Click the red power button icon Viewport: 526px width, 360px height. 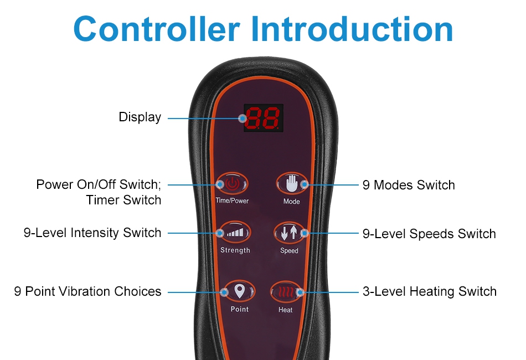click(232, 183)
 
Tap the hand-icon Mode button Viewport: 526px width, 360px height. click(291, 184)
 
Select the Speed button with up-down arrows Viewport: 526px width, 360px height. click(289, 233)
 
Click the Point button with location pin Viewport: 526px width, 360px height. click(239, 291)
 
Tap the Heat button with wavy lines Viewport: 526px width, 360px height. click(286, 292)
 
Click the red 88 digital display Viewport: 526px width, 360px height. click(264, 118)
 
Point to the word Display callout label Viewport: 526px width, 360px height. click(140, 117)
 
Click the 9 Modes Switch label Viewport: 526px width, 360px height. click(409, 185)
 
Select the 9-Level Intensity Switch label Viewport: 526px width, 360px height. click(92, 233)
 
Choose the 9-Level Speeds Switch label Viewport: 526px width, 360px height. click(429, 234)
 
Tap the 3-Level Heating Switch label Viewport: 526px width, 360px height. click(430, 291)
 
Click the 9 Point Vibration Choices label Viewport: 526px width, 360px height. click(87, 291)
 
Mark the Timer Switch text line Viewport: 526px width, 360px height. click(123, 200)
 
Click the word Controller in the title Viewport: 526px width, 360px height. click(157, 29)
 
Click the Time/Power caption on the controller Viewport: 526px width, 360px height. click(232, 200)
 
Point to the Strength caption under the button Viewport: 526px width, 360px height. click(235, 250)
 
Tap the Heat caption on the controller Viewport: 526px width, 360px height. click(286, 310)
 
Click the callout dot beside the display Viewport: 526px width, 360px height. click(243, 118)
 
